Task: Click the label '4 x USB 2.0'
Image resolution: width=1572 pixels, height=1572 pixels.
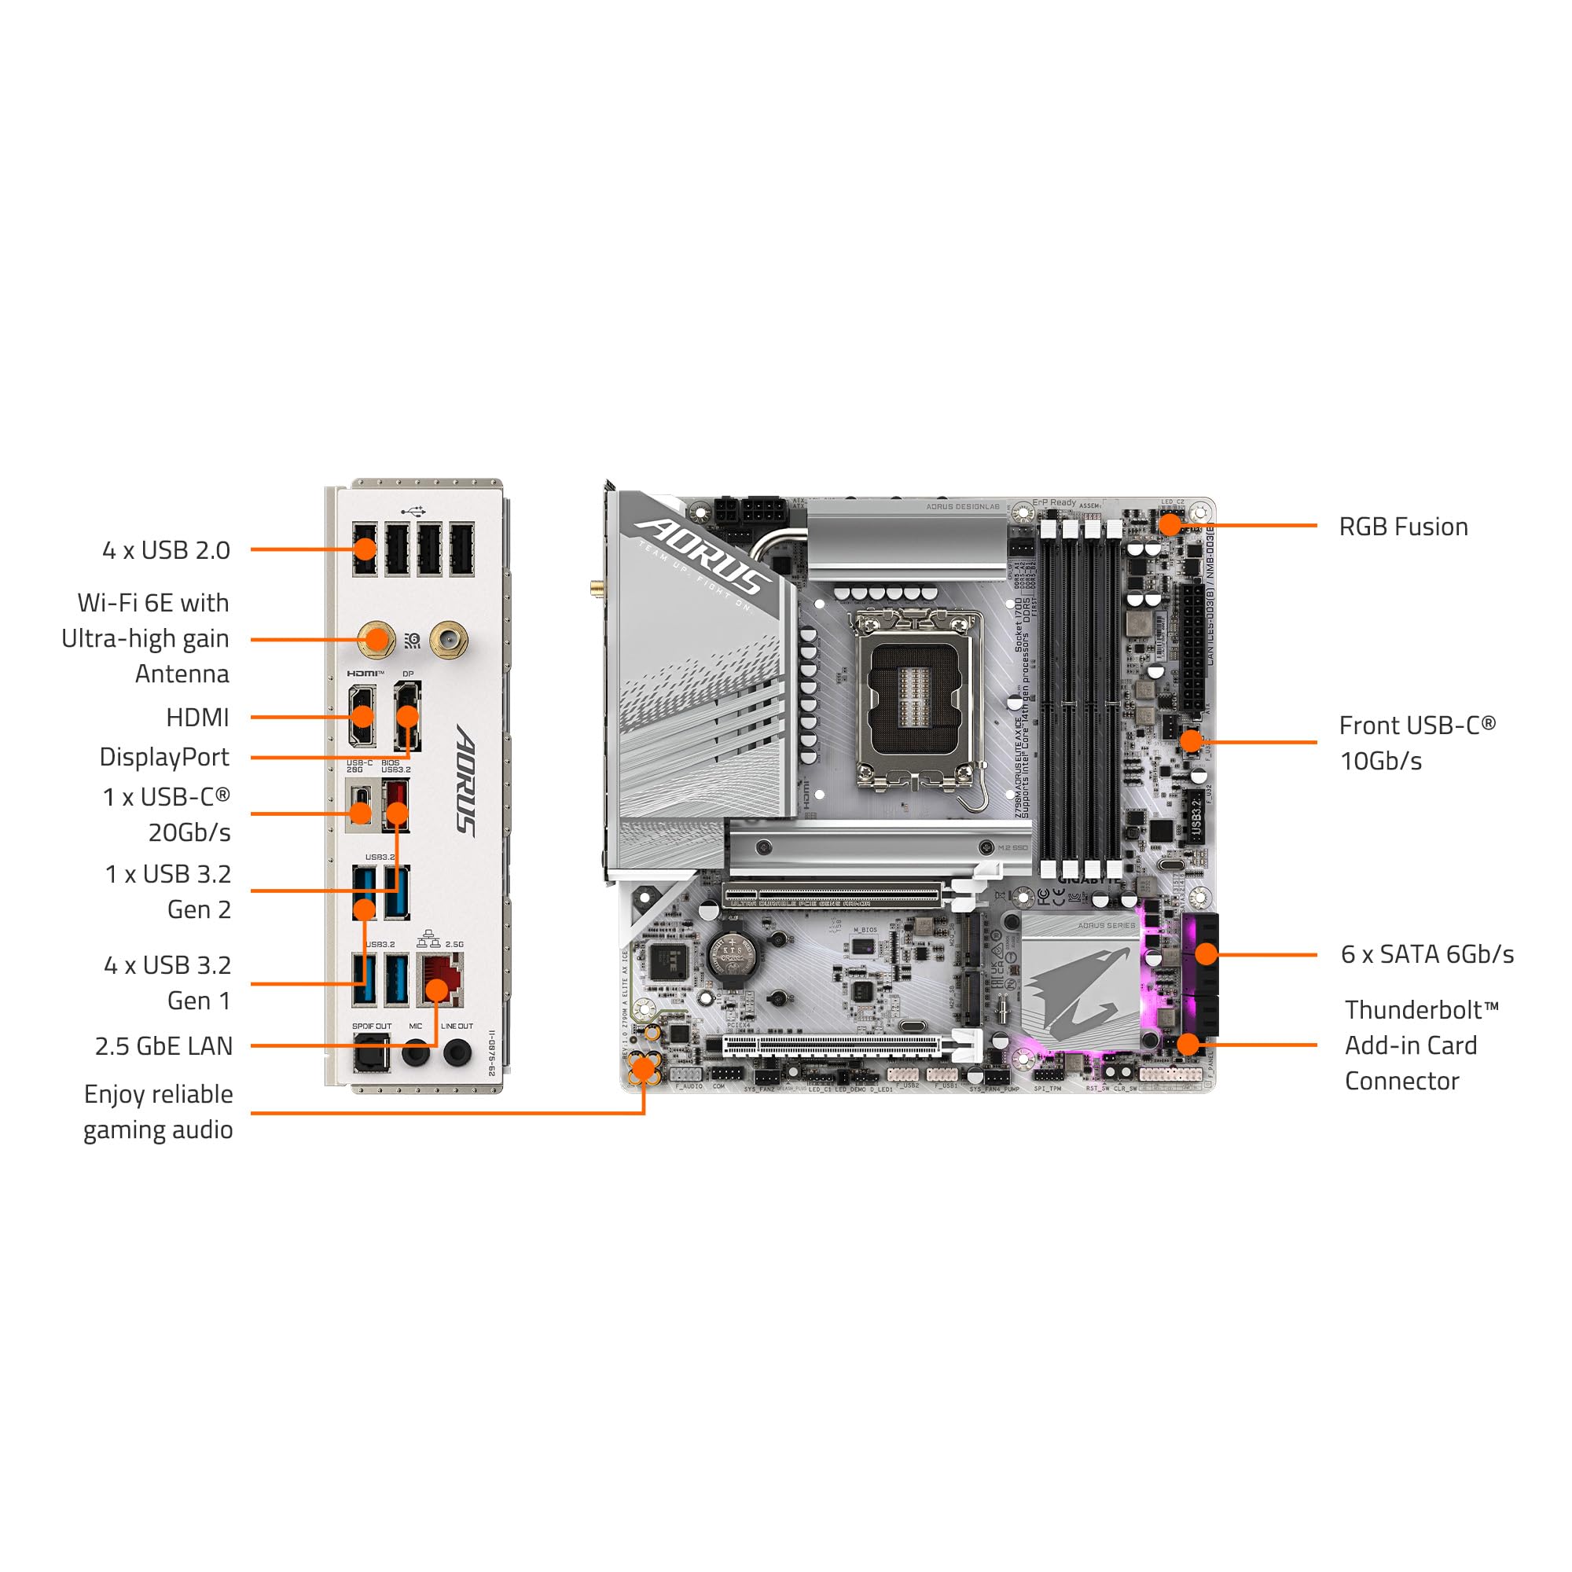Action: pyautogui.click(x=166, y=550)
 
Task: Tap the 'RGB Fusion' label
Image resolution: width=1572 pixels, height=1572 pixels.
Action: pyautogui.click(x=1403, y=527)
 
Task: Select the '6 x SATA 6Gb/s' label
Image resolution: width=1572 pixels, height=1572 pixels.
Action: pyautogui.click(x=1427, y=953)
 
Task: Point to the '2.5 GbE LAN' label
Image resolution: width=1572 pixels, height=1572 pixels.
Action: pyautogui.click(x=163, y=1045)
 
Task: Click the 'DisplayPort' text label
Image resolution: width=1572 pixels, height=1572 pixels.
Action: pyautogui.click(x=164, y=757)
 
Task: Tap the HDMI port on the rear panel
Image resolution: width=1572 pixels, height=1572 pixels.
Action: pyautogui.click(x=362, y=715)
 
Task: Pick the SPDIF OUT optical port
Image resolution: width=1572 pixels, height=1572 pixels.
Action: pyautogui.click(x=370, y=1053)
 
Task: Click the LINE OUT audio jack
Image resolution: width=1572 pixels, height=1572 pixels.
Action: pyautogui.click(x=457, y=1053)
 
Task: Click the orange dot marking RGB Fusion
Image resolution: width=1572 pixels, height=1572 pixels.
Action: pyautogui.click(x=1170, y=524)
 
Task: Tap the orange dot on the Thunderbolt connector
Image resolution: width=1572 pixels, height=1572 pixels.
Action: pyautogui.click(x=1188, y=1044)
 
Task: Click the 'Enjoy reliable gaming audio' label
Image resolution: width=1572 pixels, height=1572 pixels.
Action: pyautogui.click(x=158, y=1111)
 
